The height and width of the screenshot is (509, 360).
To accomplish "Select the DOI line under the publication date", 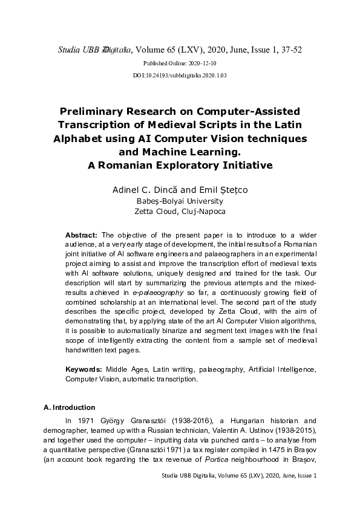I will point(179,76).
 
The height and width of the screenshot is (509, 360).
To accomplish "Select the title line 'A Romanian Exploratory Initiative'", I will point(180,164).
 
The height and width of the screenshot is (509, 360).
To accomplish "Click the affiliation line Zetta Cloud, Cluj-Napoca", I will point(180,212).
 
